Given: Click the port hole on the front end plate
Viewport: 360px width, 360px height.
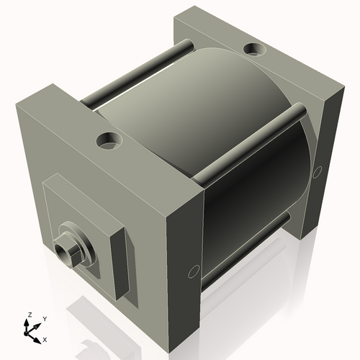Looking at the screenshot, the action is (x=109, y=141).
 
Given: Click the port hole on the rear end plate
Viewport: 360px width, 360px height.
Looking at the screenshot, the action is (x=255, y=49).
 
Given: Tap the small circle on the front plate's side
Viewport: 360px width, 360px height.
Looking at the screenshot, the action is (x=194, y=271).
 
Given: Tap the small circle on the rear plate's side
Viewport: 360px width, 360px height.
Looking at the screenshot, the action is (x=318, y=172).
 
